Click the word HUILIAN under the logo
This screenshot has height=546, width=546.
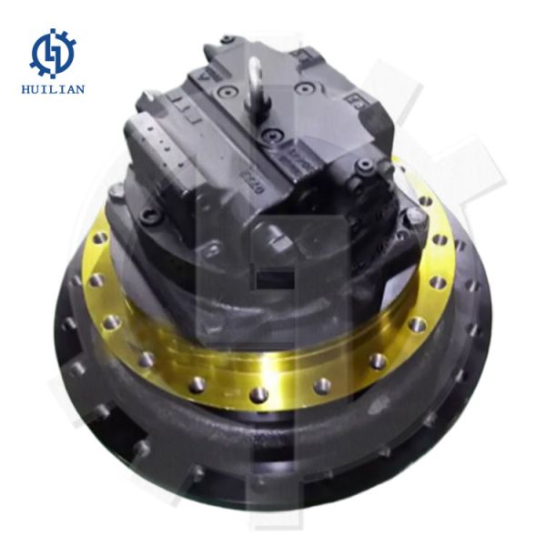[x=53, y=88]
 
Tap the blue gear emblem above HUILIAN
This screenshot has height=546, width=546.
[x=53, y=53]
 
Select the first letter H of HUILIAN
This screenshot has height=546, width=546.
[x=25, y=88]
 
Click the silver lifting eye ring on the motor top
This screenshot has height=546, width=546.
[x=256, y=76]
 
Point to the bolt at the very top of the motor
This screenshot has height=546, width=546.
[x=227, y=40]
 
